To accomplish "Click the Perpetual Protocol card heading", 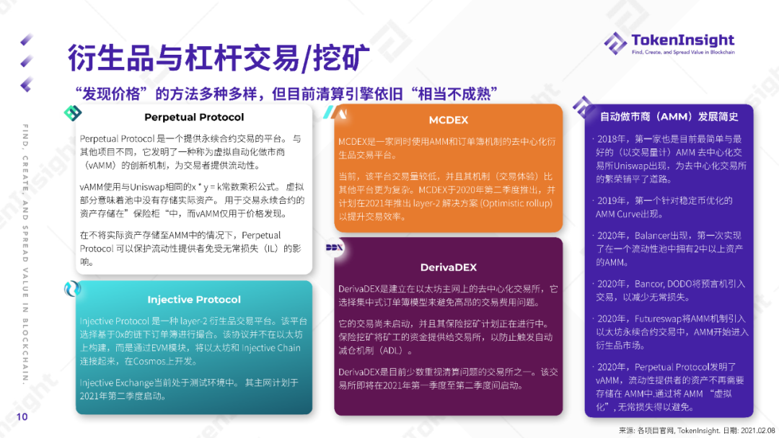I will [x=194, y=117].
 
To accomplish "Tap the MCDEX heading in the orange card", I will [x=449, y=120].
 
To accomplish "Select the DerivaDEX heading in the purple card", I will [x=449, y=267].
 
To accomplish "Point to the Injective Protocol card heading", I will [x=194, y=300].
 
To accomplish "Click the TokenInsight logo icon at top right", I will [x=615, y=43].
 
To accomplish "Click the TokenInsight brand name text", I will [x=682, y=40].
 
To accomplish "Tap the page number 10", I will [x=22, y=417].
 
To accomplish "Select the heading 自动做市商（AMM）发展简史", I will [x=669, y=116].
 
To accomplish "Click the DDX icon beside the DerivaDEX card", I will [x=335, y=247].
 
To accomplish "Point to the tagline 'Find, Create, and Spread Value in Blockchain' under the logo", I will [x=682, y=53].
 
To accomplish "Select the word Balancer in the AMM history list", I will [x=654, y=236].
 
